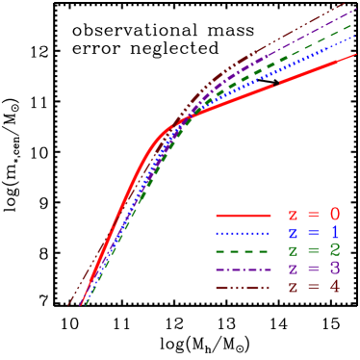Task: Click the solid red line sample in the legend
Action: (243, 215)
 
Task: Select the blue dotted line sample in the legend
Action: (243, 233)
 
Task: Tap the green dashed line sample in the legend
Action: (243, 251)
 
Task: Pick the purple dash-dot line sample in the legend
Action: (243, 270)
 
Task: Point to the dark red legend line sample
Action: (243, 288)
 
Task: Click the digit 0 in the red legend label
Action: (334, 215)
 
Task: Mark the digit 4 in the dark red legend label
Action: (334, 288)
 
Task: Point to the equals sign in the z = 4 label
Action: (314, 288)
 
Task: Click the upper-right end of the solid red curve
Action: (356, 55)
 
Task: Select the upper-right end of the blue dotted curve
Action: (356, 37)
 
